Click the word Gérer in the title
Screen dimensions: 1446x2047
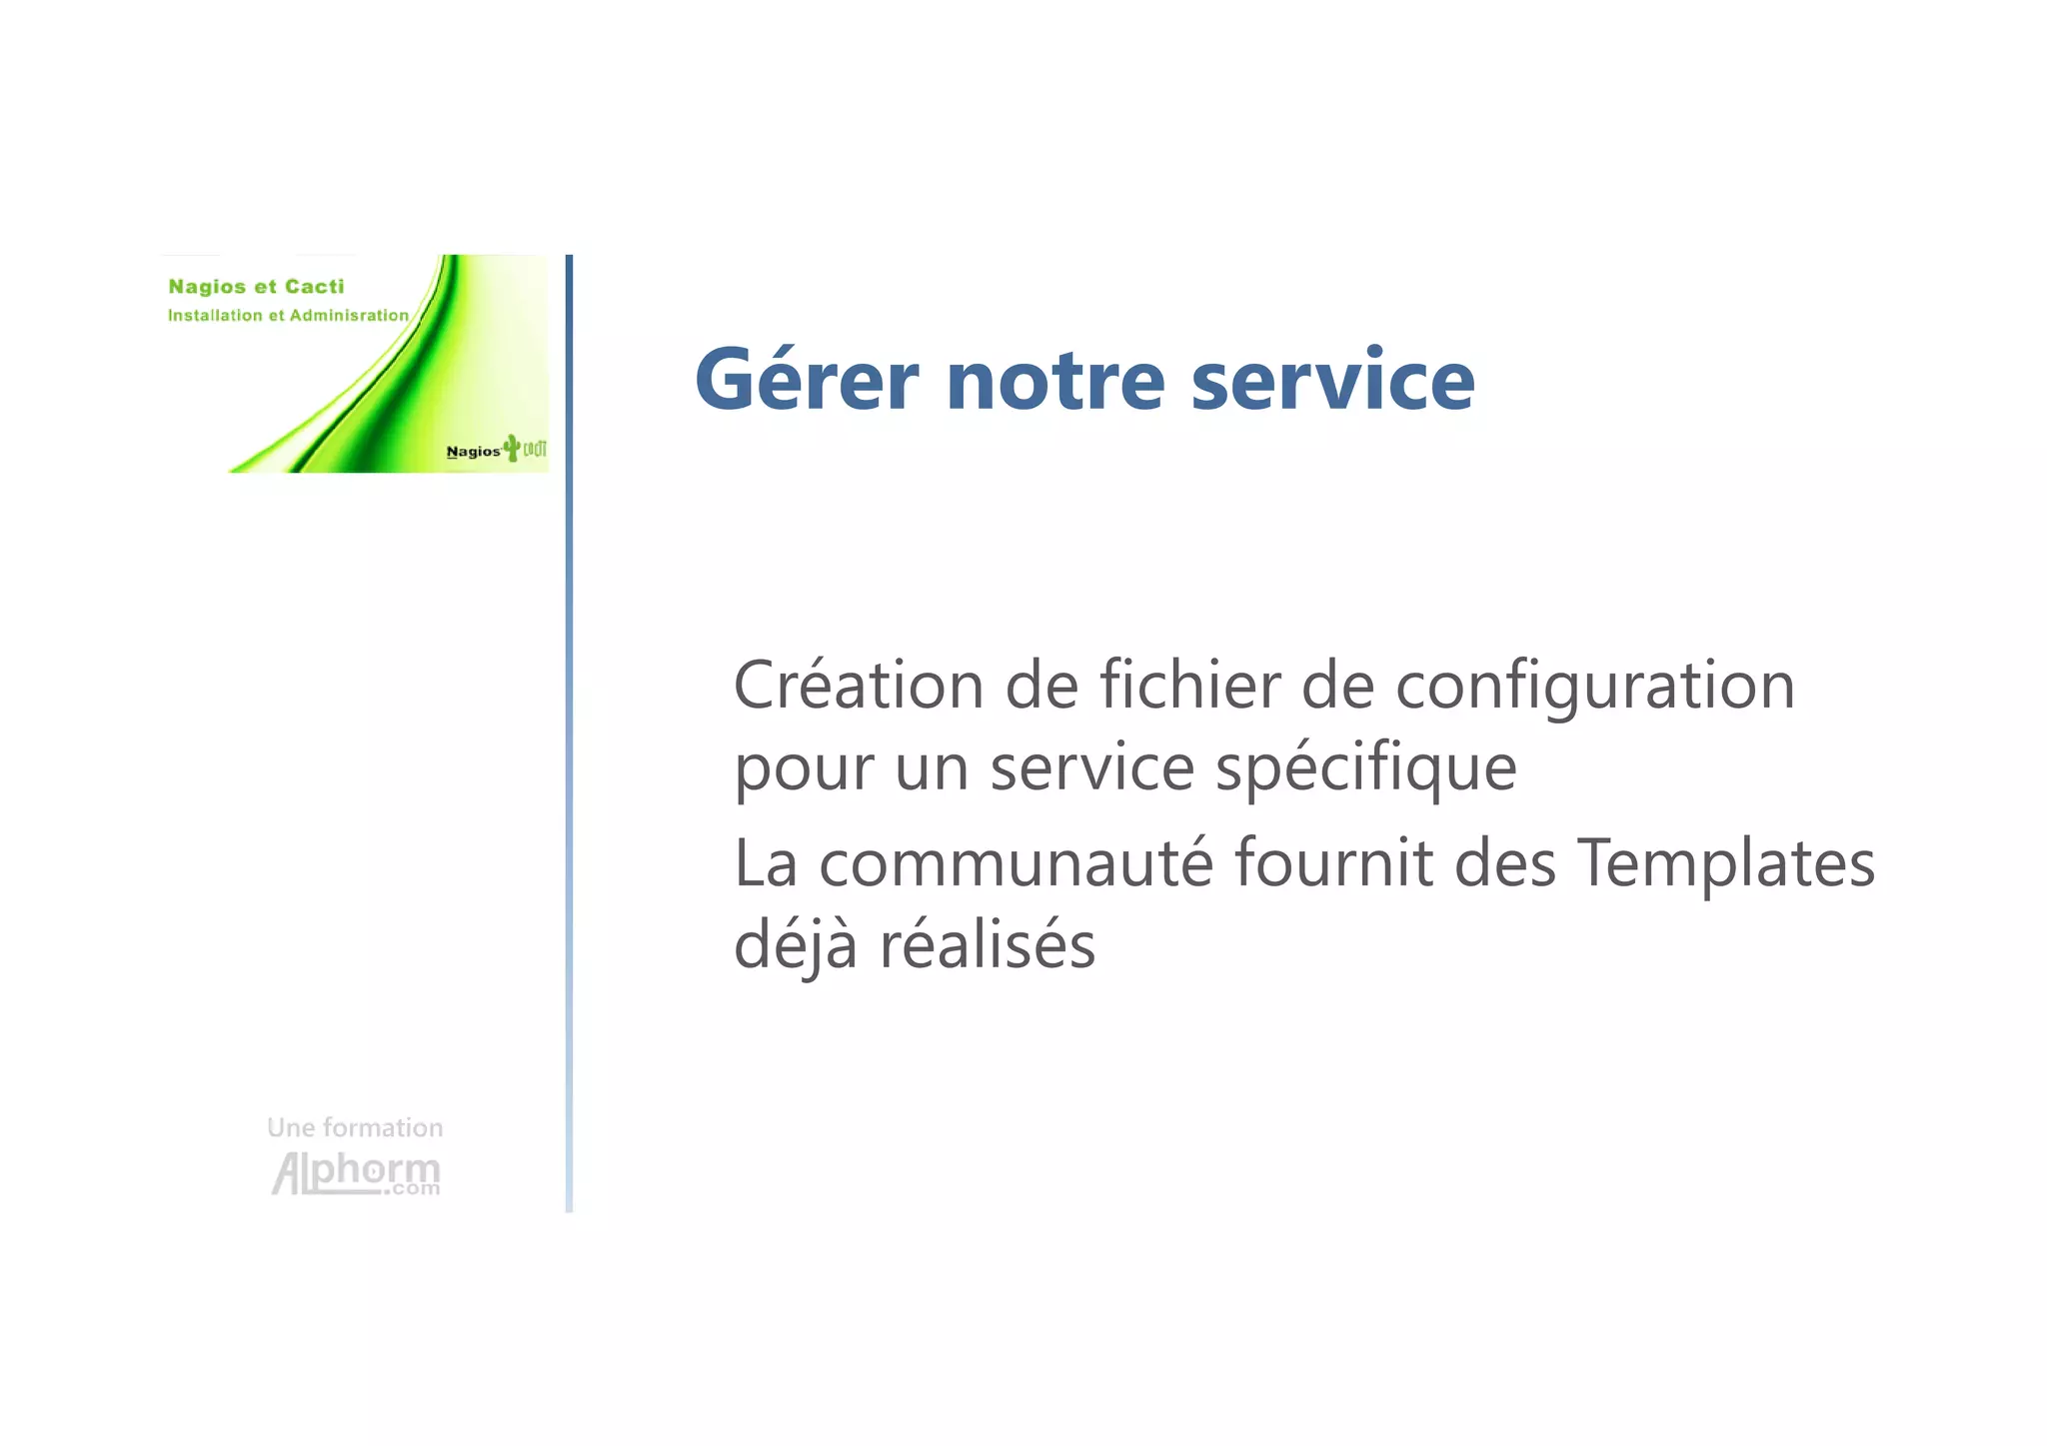807,380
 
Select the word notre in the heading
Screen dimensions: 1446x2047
1055,382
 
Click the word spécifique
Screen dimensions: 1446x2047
1365,769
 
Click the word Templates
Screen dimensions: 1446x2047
1725,865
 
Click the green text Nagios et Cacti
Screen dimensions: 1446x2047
256,287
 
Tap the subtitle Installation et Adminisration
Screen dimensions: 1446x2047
288,316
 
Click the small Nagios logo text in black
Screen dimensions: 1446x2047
473,452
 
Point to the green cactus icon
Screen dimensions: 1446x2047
513,447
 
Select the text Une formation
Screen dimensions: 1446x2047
355,1128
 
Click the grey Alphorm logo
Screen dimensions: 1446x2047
356,1173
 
